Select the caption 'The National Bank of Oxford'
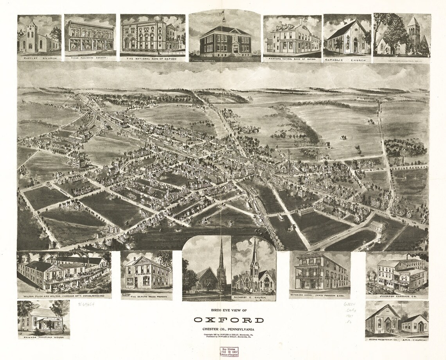click(x=153, y=59)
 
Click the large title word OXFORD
click(x=228, y=320)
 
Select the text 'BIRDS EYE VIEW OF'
click(x=228, y=310)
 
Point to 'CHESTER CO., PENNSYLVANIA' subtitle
click(x=228, y=328)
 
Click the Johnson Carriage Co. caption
click(x=397, y=296)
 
